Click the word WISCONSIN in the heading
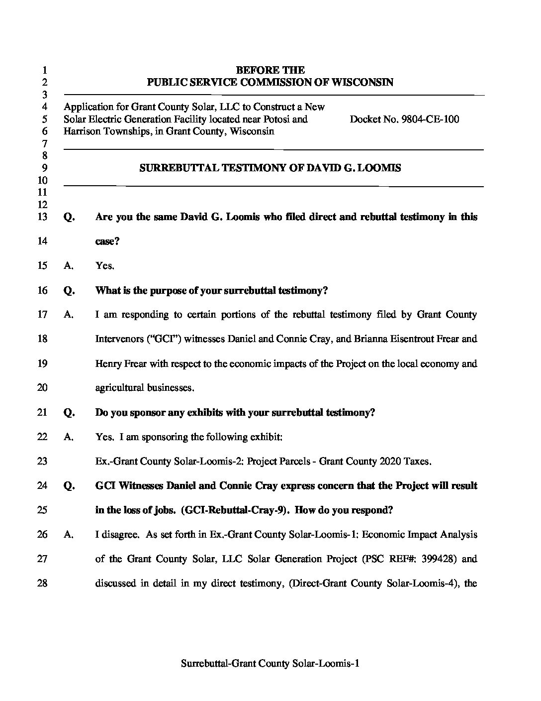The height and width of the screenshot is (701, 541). pos(365,83)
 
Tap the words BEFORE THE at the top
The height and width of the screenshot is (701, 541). pos(270,70)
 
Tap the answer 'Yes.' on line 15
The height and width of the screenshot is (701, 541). pos(105,266)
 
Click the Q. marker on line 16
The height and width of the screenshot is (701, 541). pos(69,291)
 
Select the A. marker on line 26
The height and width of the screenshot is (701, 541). pos(69,535)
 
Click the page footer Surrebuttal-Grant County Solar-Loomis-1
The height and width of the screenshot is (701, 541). pos(270,663)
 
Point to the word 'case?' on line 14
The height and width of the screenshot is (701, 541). pos(107,242)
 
